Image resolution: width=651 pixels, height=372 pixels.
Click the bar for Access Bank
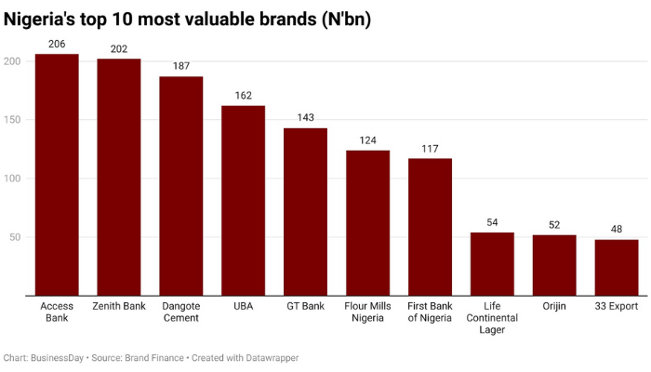click(x=57, y=175)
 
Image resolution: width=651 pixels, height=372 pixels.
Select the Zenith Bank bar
click(x=119, y=177)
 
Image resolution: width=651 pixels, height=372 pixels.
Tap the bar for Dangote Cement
click(x=181, y=186)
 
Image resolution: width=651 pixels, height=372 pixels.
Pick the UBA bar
click(x=243, y=200)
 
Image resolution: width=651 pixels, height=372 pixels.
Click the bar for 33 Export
click(x=617, y=267)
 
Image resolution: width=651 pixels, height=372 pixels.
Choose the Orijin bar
click(x=554, y=265)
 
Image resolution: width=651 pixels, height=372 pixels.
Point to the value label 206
click(x=57, y=44)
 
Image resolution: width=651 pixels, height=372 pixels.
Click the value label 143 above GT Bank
click(x=305, y=117)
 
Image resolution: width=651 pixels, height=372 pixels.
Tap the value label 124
click(x=367, y=139)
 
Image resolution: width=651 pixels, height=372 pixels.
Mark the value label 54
click(x=492, y=222)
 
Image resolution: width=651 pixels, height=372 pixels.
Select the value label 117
click(x=430, y=148)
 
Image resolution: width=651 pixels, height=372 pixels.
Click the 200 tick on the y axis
click(x=12, y=61)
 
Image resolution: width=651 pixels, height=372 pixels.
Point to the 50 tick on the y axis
click(x=15, y=237)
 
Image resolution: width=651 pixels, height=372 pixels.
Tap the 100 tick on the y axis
click(x=12, y=179)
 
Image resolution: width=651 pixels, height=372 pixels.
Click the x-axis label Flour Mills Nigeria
click(x=367, y=312)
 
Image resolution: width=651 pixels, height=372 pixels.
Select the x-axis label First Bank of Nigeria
click(x=430, y=312)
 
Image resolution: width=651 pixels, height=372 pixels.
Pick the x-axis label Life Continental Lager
click(x=492, y=318)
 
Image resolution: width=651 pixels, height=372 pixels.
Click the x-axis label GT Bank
click(x=305, y=306)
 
